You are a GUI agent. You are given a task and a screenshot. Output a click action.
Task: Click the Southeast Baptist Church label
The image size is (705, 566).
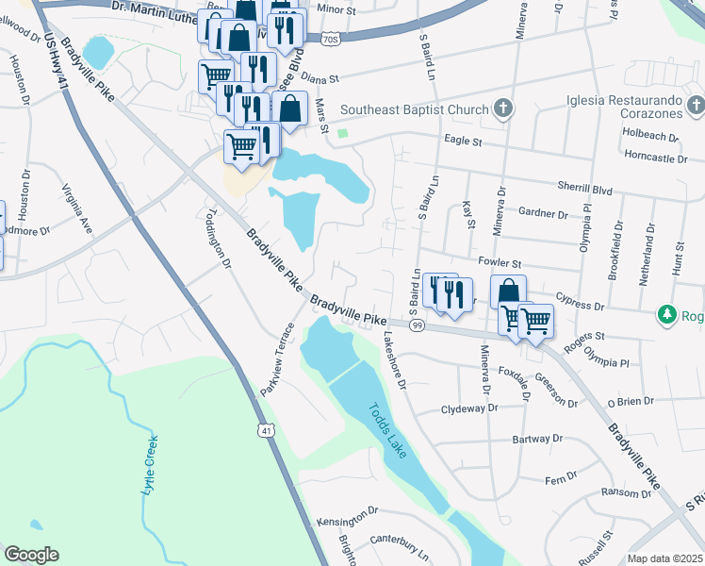pyautogui.click(x=415, y=109)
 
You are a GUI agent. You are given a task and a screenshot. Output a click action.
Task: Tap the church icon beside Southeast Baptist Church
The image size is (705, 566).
pyautogui.click(x=502, y=108)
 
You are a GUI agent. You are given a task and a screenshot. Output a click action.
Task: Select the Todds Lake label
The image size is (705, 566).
pyautogui.click(x=386, y=430)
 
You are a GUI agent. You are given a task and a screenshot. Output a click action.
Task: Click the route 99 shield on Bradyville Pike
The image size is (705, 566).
pyautogui.click(x=417, y=325)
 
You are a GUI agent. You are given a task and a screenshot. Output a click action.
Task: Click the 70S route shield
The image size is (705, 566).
pyautogui.click(x=329, y=40)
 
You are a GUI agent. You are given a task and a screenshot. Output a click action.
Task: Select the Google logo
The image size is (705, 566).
pyautogui.click(x=32, y=555)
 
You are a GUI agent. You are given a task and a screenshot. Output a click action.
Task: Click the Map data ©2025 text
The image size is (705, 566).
pyautogui.click(x=664, y=558)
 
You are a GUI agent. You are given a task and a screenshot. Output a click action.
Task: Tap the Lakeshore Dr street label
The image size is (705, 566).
pyautogui.click(x=394, y=359)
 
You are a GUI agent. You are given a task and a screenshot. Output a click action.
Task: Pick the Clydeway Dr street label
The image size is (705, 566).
pyautogui.click(x=468, y=409)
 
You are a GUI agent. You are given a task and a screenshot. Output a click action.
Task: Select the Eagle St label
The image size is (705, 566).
pyautogui.click(x=463, y=141)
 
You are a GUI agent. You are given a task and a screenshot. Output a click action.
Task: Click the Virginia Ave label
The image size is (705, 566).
pyautogui.click(x=78, y=209)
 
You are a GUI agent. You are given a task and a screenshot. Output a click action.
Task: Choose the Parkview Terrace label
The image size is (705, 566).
pyautogui.click(x=277, y=359)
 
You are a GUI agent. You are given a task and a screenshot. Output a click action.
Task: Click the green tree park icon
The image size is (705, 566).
pyautogui.click(x=667, y=314)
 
